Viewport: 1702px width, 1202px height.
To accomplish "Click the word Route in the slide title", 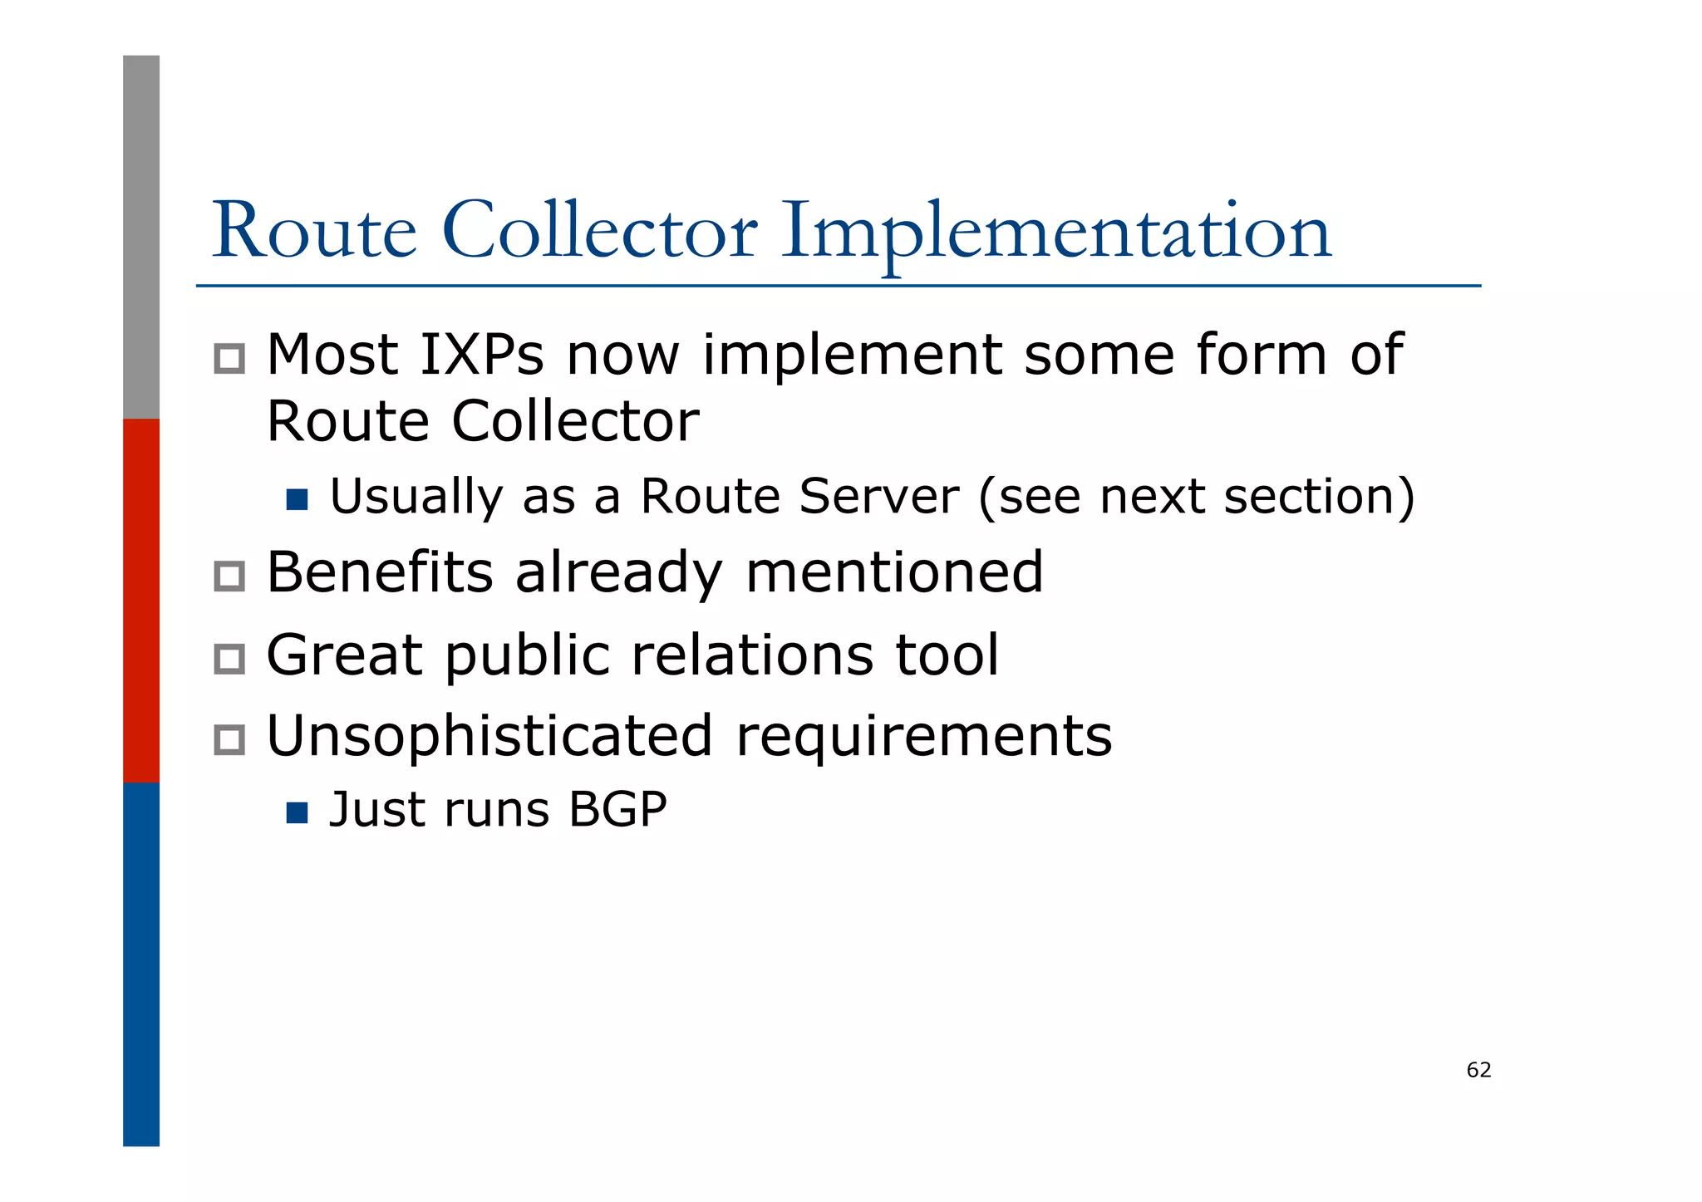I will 314,232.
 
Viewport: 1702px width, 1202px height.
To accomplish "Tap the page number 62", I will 1478,1070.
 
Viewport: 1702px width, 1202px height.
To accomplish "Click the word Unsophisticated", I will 489,736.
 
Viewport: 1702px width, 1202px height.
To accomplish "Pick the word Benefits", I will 380,572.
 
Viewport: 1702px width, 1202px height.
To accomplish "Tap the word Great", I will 344,655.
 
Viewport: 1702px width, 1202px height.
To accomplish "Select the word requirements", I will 924,738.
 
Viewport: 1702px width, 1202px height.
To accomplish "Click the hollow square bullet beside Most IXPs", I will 229,359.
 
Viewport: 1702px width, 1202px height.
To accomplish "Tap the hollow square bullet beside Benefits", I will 229,576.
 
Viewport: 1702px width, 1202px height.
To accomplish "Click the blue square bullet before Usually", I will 297,499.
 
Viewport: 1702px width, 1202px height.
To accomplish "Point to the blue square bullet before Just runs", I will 297,812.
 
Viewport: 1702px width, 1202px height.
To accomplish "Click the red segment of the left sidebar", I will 141,600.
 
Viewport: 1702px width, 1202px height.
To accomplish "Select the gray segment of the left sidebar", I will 141,237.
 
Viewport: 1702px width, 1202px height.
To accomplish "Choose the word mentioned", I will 894,572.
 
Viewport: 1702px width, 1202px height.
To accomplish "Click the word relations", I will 752,655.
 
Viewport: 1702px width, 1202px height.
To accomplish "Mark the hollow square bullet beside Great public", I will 229,659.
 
